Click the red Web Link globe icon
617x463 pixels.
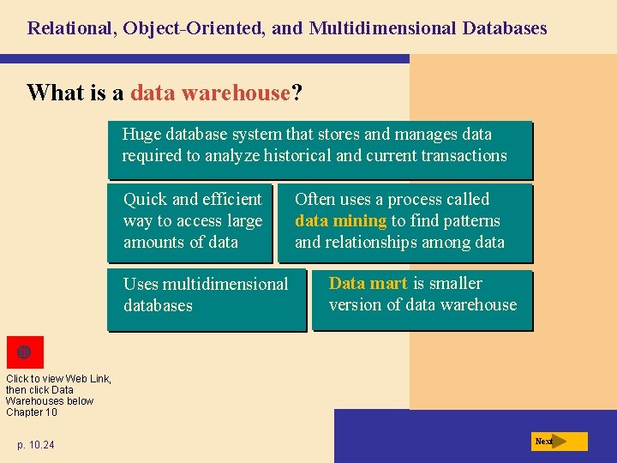[24, 352]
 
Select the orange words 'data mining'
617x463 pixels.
[340, 220]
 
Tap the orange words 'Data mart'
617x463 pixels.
[368, 283]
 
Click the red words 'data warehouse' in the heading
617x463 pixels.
[211, 93]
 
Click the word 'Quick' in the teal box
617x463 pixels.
[146, 199]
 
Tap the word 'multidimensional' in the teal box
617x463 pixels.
[225, 284]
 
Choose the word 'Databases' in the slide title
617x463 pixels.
[504, 28]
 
